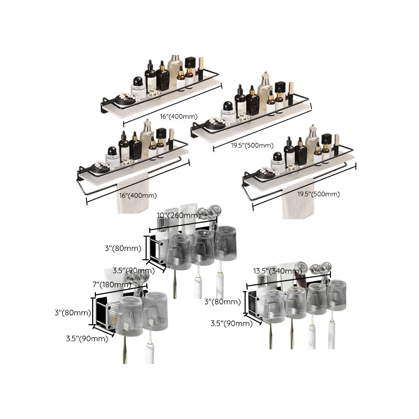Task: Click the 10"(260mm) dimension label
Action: point(178,215)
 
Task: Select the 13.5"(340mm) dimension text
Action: point(276,271)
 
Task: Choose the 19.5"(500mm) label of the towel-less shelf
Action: point(252,145)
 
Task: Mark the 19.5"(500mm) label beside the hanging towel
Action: point(319,194)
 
